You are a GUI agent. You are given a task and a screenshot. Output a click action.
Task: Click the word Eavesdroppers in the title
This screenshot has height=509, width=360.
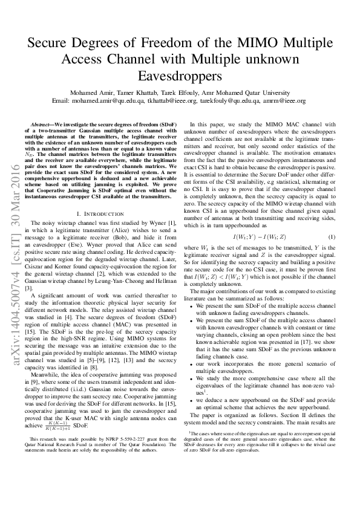pos(180,77)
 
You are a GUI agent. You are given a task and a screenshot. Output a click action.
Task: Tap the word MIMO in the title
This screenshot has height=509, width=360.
pos(248,44)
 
